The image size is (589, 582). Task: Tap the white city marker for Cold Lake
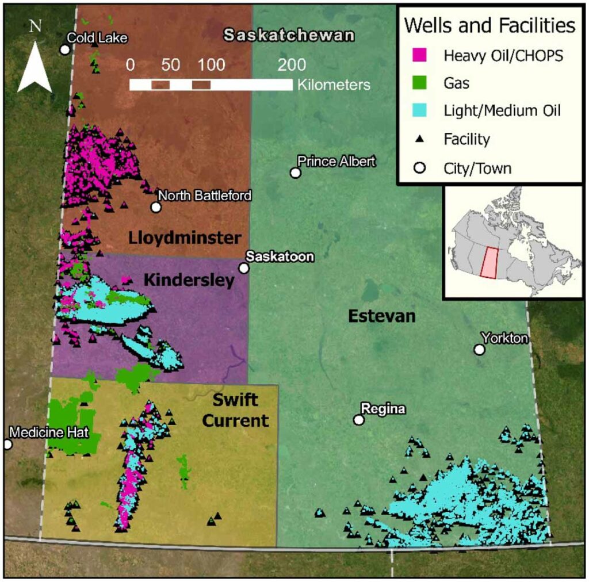point(65,49)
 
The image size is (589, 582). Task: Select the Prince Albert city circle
point(296,173)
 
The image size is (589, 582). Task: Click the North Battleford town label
point(204,196)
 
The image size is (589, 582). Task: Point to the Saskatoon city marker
point(244,268)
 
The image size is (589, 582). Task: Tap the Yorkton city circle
point(479,349)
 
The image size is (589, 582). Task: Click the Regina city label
point(383,409)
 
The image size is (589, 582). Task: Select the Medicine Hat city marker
point(7,444)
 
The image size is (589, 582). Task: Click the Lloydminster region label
point(185,238)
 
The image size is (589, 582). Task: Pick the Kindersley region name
point(189,280)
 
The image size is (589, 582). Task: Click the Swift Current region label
point(240,411)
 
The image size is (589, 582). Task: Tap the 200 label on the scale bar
point(292,64)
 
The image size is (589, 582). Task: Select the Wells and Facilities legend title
point(489,26)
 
